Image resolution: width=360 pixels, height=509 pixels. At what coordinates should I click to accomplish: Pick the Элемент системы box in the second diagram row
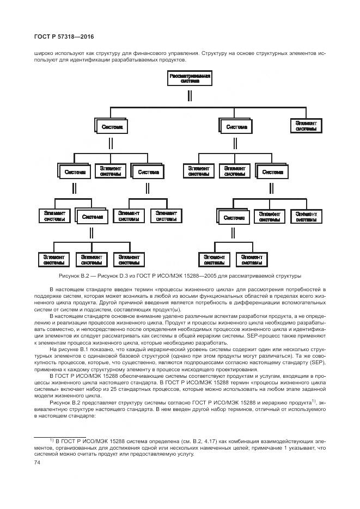coord(306,126)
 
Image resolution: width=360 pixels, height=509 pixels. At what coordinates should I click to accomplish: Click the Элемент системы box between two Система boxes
coord(111,171)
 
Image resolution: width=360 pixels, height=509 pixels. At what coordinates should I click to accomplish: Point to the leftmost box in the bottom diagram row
coord(54,259)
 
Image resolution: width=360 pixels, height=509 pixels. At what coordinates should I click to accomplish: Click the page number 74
coord(38,462)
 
